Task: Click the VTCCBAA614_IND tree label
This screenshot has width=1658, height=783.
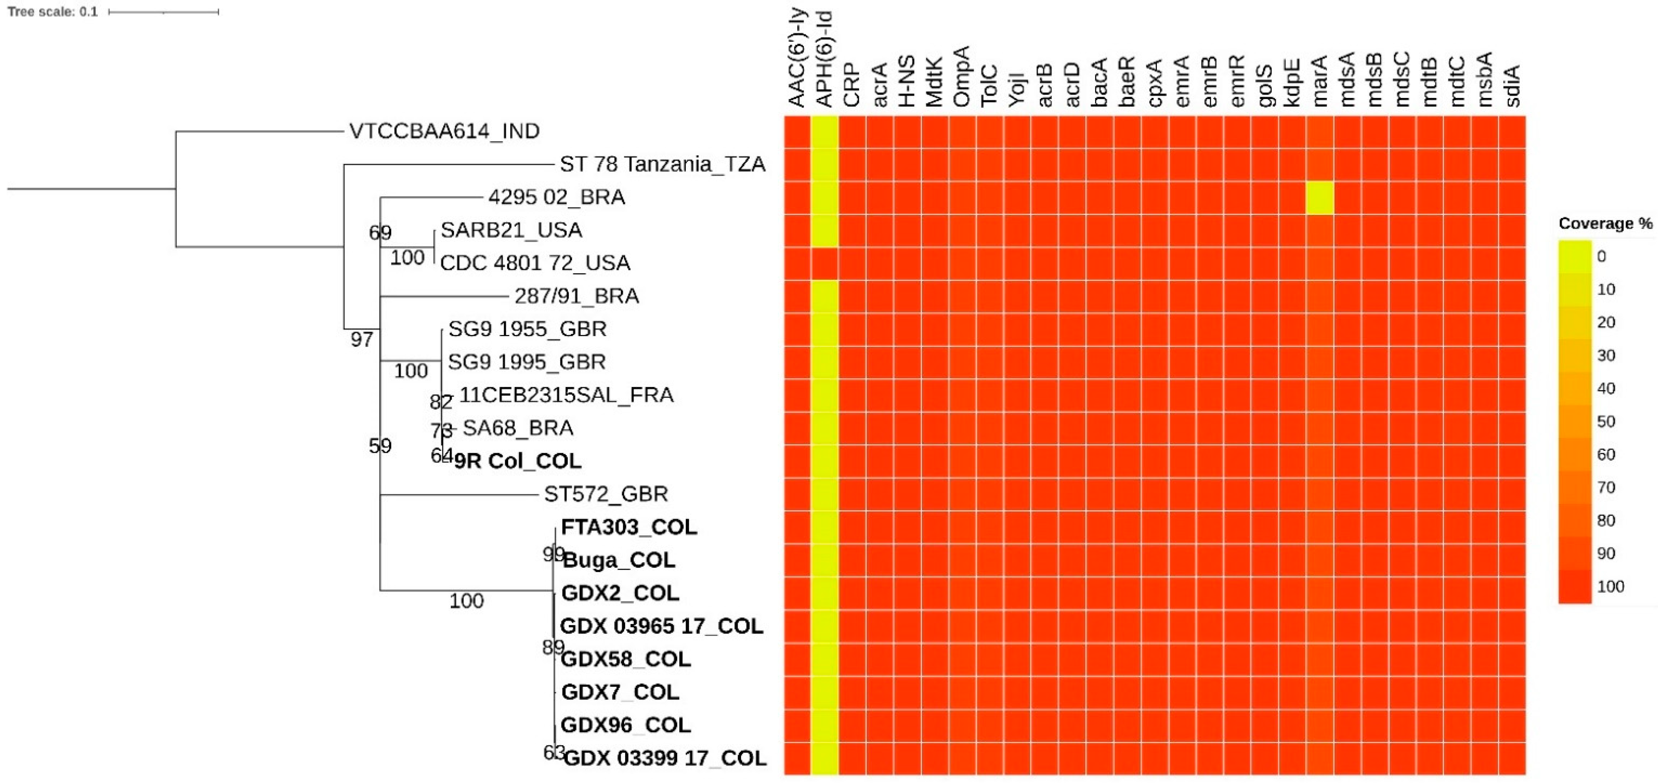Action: pos(444,131)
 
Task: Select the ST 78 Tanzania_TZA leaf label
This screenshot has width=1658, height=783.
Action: pos(662,164)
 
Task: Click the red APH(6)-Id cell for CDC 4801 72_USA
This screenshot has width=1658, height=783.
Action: pos(825,263)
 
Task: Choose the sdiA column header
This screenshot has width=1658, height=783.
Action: pos(1512,86)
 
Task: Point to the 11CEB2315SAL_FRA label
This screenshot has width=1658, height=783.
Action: pos(567,394)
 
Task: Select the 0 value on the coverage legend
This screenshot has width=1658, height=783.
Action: pos(1601,257)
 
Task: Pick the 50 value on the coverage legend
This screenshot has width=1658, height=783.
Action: pos(1606,421)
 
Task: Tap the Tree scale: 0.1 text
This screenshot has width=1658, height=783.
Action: pos(53,11)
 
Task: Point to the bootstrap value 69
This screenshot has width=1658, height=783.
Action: pos(380,232)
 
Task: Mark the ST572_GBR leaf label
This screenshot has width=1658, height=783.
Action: pos(606,494)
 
